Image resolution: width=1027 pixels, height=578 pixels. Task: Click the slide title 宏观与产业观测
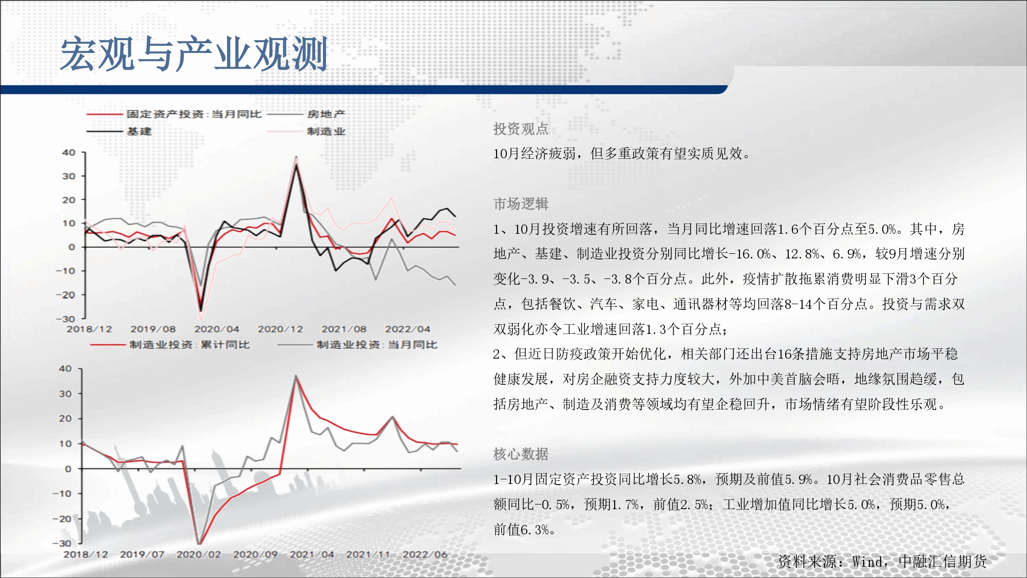[194, 54]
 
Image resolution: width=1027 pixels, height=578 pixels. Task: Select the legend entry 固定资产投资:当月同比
[194, 114]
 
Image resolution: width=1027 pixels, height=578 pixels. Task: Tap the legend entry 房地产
[326, 114]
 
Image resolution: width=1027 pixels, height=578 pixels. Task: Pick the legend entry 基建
[139, 132]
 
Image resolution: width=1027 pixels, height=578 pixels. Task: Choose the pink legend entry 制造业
[326, 132]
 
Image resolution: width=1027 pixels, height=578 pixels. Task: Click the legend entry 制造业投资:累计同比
[189, 345]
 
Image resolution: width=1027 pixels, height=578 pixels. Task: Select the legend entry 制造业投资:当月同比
[377, 345]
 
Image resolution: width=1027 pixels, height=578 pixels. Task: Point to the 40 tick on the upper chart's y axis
[69, 153]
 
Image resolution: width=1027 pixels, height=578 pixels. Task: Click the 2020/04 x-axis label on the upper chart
[217, 329]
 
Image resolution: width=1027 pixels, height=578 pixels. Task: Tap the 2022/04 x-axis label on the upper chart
[408, 329]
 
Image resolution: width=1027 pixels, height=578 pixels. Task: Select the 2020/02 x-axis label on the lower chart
[199, 555]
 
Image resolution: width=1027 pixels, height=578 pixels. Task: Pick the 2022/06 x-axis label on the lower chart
[425, 555]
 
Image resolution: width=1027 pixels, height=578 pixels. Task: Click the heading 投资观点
[521, 129]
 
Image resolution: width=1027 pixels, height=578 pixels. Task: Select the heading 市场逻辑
[521, 204]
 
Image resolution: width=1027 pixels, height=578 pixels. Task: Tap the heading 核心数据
[521, 454]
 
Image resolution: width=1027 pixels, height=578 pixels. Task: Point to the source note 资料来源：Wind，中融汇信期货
[882, 562]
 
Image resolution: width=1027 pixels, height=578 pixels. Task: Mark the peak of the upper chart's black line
[296, 165]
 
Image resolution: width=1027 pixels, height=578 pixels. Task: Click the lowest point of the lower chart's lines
[199, 543]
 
